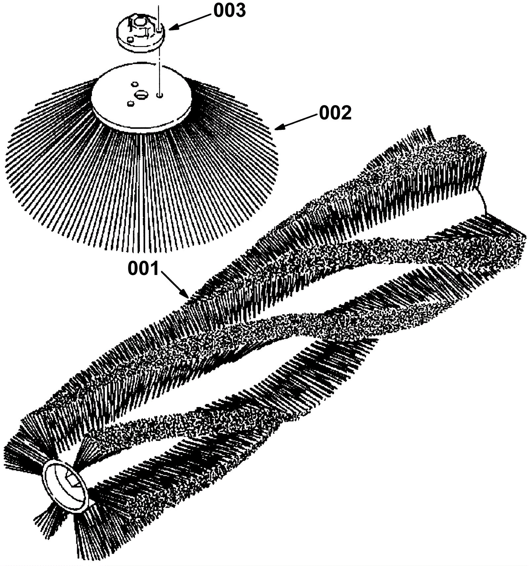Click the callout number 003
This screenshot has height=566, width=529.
coord(229,11)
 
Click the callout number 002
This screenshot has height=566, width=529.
coord(335,113)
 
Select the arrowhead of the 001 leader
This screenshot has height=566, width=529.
coord(187,296)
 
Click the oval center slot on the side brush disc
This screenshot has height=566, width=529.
coord(141,95)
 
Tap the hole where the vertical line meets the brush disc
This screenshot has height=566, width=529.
coord(160,95)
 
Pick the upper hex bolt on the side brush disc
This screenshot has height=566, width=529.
coord(135,84)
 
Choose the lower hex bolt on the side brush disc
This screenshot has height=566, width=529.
coord(130,104)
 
